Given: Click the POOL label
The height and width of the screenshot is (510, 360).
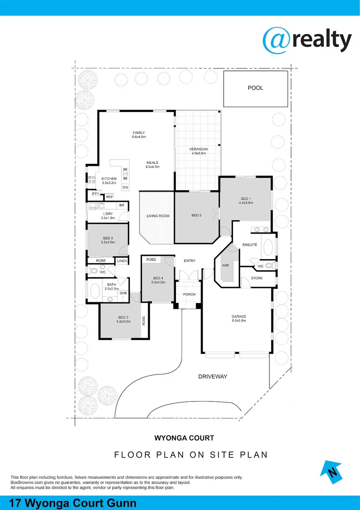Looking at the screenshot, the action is coord(255,88).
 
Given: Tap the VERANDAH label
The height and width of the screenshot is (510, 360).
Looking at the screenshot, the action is coord(199,149).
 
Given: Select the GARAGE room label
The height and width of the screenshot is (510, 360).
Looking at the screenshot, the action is coord(239,316).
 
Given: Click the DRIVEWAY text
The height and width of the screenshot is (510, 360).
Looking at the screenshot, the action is coord(213,376).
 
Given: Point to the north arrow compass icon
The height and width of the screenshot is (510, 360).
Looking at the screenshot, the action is coord(333,472).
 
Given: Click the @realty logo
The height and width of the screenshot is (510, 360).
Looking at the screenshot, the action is coord(307,40).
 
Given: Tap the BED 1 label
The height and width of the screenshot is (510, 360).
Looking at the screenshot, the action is coord(246,198).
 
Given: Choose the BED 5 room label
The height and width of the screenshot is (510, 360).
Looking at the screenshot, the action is coord(196,216).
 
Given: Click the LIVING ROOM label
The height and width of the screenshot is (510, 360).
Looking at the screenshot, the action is coord(158,216).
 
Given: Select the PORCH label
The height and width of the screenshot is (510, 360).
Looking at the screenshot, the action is coord(189,294).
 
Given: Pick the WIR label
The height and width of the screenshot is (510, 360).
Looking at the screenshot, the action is coord(225,266).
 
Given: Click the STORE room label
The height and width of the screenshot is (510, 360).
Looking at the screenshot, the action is coord(257,278).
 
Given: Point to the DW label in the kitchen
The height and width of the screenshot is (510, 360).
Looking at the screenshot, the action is coord(125,187).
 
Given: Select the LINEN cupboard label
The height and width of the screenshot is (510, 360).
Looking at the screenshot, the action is coord(122,261).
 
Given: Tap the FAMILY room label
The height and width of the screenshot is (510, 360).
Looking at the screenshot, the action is coord(139,133).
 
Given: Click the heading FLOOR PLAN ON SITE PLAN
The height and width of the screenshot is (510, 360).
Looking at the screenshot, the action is coord(191,455).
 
